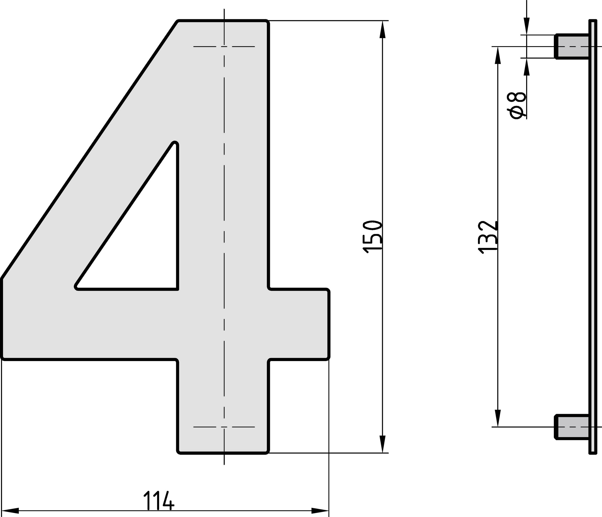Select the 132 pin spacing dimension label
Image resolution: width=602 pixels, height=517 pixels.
[x=488, y=237]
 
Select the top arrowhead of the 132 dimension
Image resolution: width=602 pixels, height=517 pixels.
[x=498, y=55]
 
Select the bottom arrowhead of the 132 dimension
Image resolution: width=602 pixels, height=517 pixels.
[x=498, y=418]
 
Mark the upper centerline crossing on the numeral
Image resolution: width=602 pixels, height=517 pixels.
[x=224, y=47]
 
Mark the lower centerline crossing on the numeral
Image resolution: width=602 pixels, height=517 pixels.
[x=224, y=427]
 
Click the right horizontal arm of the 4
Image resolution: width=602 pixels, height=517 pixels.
[x=299, y=324]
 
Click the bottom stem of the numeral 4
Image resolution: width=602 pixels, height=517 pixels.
[x=223, y=407]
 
